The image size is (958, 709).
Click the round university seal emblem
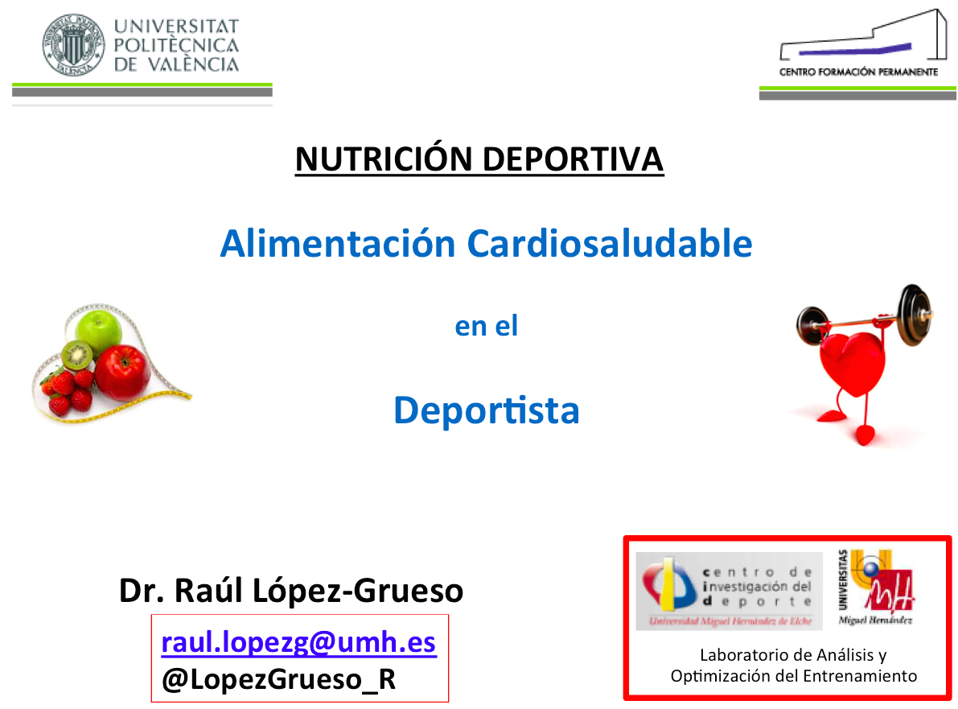tap(72, 44)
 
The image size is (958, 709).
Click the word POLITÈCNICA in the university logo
tap(176, 45)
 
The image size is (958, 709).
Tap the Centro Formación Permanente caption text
tap(857, 72)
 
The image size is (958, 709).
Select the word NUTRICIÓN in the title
tap(384, 159)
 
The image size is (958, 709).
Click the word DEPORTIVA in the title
tap(573, 159)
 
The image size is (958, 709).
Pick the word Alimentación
tap(338, 243)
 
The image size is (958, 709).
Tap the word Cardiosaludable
tap(610, 243)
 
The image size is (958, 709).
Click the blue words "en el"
tap(487, 326)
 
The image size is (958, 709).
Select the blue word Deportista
tap(487, 410)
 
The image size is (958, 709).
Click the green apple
tap(98, 330)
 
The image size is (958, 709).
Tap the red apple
tap(122, 373)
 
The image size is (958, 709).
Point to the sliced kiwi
tap(77, 356)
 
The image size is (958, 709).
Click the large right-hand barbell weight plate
tap(915, 315)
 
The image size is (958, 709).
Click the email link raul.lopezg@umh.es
tap(298, 642)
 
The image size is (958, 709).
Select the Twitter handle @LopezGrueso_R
tap(278, 679)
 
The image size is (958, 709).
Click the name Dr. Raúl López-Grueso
tap(291, 591)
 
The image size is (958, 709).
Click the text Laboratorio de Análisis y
tap(793, 655)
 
